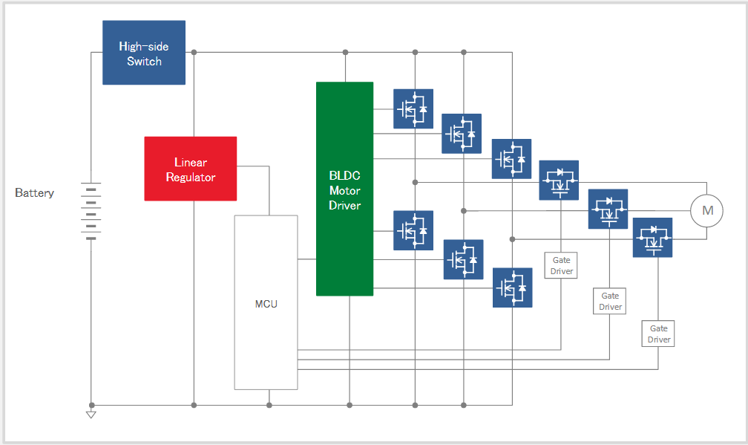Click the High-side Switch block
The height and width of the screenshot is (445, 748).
click(144, 53)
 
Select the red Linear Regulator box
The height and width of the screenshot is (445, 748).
click(191, 169)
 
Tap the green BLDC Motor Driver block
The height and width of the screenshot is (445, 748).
click(344, 189)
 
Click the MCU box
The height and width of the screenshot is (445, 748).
click(266, 302)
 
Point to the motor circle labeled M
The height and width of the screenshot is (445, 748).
click(707, 211)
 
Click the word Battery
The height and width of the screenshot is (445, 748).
click(35, 193)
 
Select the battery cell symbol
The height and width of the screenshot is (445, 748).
click(91, 212)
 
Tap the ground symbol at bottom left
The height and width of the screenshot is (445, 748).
click(91, 413)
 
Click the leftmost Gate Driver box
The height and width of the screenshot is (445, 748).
click(562, 265)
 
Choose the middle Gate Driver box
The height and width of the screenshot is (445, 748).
click(610, 301)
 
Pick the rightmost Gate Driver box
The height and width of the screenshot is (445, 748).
click(659, 334)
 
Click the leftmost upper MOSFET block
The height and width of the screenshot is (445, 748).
click(413, 109)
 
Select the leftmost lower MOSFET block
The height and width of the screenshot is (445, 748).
click(413, 230)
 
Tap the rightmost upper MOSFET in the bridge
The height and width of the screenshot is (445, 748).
click(512, 159)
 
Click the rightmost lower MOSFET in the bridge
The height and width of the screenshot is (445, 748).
click(512, 288)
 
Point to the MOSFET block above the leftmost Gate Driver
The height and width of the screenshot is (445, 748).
click(559, 180)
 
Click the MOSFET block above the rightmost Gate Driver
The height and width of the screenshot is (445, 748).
click(653, 237)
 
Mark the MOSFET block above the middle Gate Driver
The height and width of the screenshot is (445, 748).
click(608, 209)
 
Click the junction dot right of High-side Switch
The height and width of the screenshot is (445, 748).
click(194, 53)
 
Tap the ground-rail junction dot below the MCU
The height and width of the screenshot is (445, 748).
click(269, 405)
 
